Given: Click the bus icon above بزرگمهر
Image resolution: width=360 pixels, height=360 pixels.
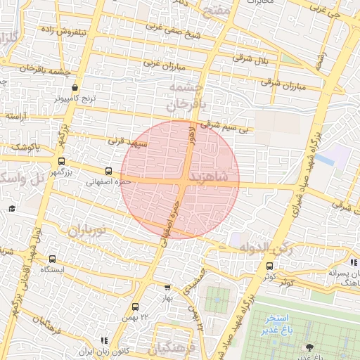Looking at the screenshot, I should click(x=62, y=161).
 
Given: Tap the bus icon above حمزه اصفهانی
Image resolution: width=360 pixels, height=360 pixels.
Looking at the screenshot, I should click(x=108, y=171).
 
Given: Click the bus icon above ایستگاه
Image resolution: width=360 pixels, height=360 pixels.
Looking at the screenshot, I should click(x=52, y=259).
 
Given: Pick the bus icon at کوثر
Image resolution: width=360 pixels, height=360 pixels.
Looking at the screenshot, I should click(x=270, y=266).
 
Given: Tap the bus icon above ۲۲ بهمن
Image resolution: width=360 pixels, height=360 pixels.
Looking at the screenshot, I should click(x=135, y=307).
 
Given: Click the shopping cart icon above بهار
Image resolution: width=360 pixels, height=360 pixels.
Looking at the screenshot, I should click(x=167, y=287).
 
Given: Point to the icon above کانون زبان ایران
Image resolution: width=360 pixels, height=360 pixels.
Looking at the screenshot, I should click(x=104, y=340).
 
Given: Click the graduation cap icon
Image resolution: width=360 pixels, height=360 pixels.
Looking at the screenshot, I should click(x=12, y=209).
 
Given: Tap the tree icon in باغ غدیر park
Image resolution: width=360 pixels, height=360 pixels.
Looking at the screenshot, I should click(x=309, y=347).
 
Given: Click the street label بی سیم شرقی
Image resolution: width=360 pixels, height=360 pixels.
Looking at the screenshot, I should click(x=224, y=127).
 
